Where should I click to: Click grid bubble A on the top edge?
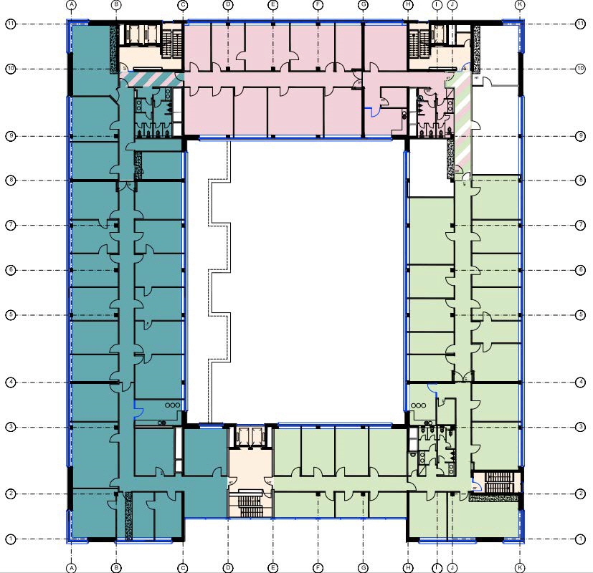pyautogui.click(x=71, y=4)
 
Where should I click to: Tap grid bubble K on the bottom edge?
pyautogui.click(x=520, y=567)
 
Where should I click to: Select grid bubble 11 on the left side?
pyautogui.click(x=11, y=24)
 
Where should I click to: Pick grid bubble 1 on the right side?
pyautogui.click(x=580, y=539)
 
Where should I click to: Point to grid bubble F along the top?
pyautogui.click(x=317, y=4)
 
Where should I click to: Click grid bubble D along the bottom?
pyautogui.click(x=228, y=567)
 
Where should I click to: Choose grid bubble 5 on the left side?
pyautogui.click(x=11, y=315)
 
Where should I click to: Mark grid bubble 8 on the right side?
pyautogui.click(x=580, y=180)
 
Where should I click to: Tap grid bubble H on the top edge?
pyautogui.click(x=407, y=4)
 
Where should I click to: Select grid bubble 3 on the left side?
pyautogui.click(x=11, y=428)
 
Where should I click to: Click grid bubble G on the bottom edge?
pyautogui.click(x=363, y=567)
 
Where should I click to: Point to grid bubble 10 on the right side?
pyautogui.click(x=580, y=69)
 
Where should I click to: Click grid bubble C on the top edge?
pyautogui.click(x=183, y=4)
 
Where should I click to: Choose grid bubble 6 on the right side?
pyautogui.click(x=580, y=270)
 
